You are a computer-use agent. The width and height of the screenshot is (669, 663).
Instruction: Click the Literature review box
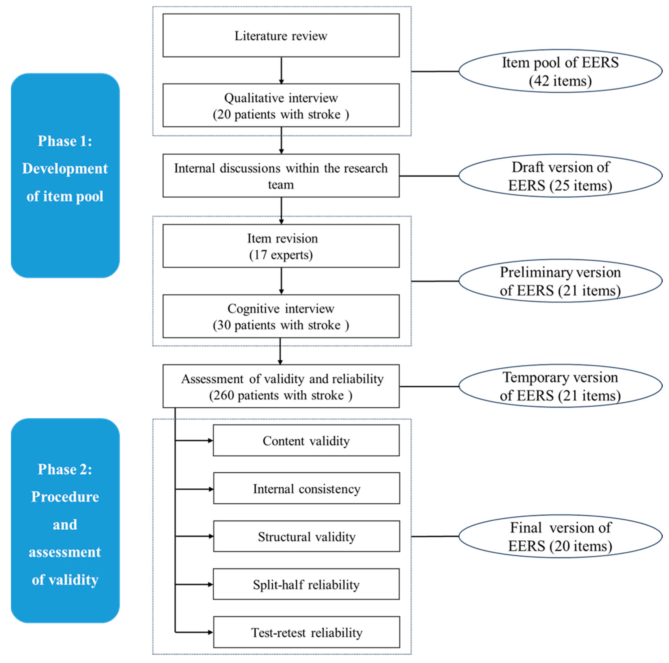pyautogui.click(x=281, y=36)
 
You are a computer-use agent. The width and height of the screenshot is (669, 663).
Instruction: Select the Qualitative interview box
pyautogui.click(x=281, y=105)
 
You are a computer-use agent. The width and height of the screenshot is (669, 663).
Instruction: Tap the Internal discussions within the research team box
pyautogui.click(x=281, y=176)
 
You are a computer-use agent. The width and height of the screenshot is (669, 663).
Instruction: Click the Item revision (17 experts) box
pyautogui.click(x=281, y=246)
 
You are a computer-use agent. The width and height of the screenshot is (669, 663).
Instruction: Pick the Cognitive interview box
pyautogui.click(x=281, y=317)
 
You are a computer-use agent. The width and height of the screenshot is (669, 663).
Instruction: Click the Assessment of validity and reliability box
pyautogui.click(x=281, y=386)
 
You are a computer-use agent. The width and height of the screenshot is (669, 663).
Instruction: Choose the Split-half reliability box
pyautogui.click(x=306, y=585)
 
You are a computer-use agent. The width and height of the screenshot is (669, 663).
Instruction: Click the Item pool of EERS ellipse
pyautogui.click(x=560, y=71)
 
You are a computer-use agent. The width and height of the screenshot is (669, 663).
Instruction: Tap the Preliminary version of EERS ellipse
pyautogui.click(x=560, y=281)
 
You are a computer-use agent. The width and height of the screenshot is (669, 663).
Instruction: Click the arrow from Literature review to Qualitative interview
pyautogui.click(x=281, y=70)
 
